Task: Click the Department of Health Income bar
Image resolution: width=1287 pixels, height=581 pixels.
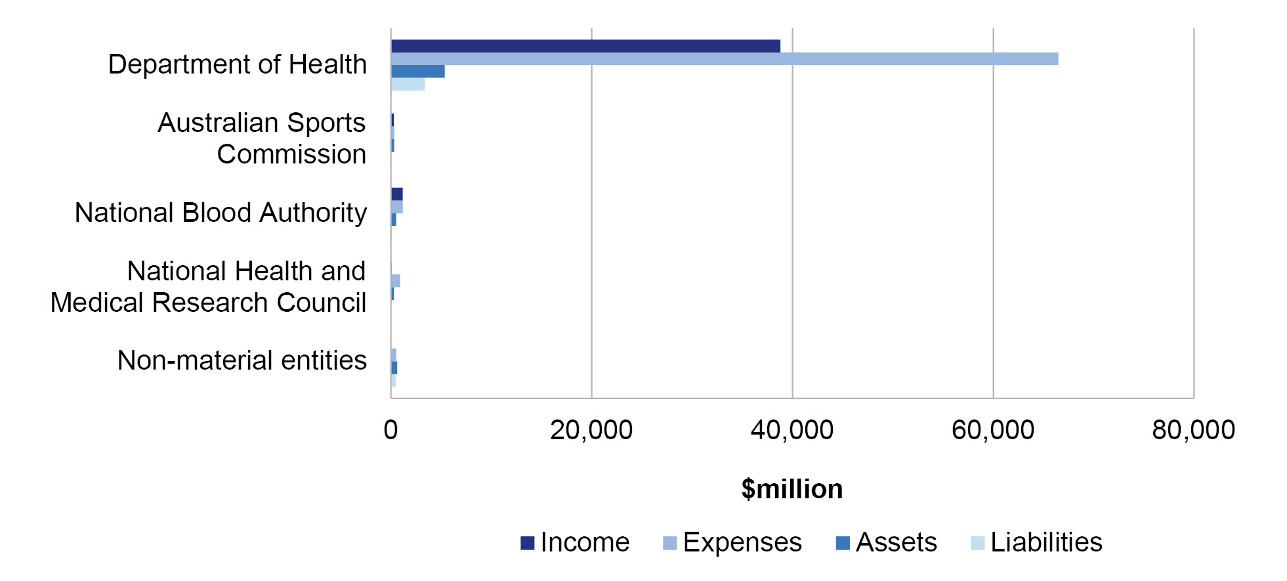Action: click(x=585, y=46)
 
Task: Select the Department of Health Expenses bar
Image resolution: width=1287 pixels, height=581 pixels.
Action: click(x=725, y=59)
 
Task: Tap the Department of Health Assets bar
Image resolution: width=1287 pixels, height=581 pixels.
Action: click(x=418, y=72)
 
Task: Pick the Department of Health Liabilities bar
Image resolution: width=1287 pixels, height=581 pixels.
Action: click(x=408, y=85)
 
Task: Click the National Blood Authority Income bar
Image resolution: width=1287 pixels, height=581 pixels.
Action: click(x=397, y=194)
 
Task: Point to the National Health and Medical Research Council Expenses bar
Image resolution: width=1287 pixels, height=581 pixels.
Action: click(x=396, y=281)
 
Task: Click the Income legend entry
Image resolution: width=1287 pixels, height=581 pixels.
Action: click(x=575, y=543)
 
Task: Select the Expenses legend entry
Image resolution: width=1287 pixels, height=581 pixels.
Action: click(x=732, y=543)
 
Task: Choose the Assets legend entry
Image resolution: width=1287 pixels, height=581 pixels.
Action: click(x=887, y=543)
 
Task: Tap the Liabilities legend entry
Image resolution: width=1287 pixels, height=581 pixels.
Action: click(x=1037, y=543)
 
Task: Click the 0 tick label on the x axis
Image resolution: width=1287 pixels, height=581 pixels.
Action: click(x=390, y=431)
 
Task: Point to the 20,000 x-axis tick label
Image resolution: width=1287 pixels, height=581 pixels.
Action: click(x=591, y=431)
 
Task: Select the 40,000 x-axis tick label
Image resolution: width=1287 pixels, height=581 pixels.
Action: click(x=792, y=431)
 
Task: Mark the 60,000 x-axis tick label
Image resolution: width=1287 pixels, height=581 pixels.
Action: click(x=993, y=431)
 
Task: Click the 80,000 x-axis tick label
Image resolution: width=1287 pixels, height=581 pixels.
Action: click(x=1194, y=431)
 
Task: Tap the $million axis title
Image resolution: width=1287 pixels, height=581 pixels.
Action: click(x=792, y=490)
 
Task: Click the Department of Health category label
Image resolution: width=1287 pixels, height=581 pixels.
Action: click(x=237, y=65)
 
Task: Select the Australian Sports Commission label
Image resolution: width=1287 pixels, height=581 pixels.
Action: click(x=262, y=139)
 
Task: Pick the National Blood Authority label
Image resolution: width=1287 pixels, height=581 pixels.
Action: click(x=221, y=213)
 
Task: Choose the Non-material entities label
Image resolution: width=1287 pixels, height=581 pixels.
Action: click(x=242, y=360)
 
